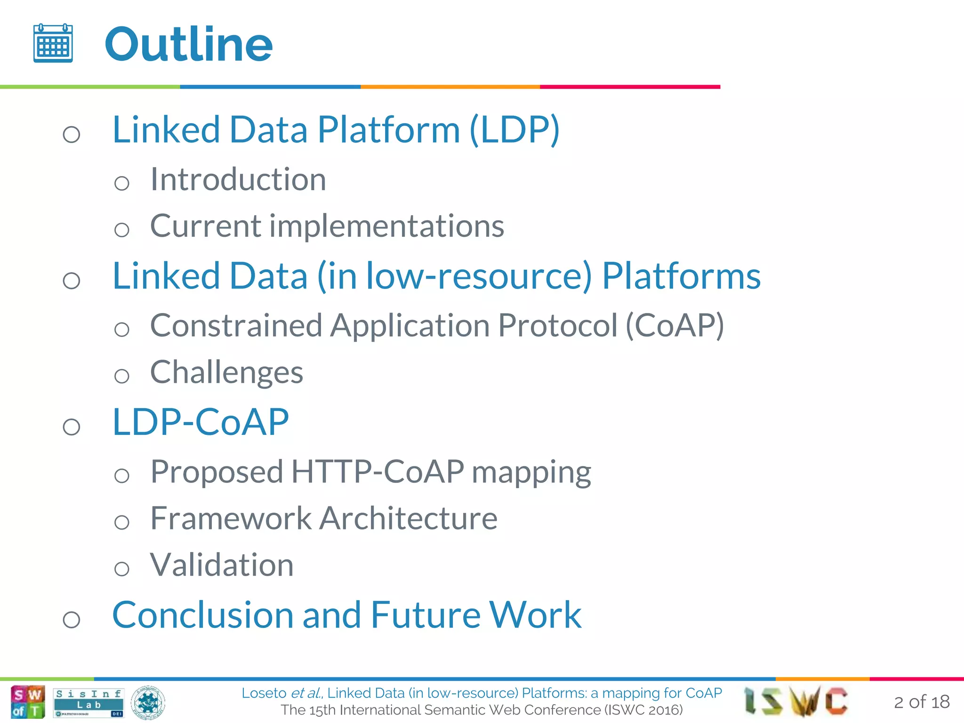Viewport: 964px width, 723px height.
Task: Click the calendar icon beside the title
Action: click(x=53, y=43)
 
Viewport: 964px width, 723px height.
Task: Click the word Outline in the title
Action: click(x=189, y=45)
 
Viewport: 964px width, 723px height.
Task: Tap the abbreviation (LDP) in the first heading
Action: click(x=514, y=130)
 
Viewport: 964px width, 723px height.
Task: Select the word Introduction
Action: click(x=238, y=180)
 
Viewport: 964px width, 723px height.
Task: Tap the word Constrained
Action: click(x=236, y=326)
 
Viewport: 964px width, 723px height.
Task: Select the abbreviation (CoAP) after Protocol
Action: click(x=675, y=326)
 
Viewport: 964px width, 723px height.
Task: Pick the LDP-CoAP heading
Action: click(x=201, y=422)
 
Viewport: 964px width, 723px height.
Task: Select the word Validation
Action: click(x=222, y=565)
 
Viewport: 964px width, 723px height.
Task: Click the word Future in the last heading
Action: click(x=425, y=615)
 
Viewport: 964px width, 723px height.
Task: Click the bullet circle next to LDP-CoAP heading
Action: click(x=72, y=427)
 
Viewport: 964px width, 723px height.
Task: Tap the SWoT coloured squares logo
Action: click(x=28, y=702)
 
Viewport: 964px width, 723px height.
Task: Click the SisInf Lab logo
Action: click(x=88, y=702)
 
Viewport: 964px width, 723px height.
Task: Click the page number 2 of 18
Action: click(x=921, y=702)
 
